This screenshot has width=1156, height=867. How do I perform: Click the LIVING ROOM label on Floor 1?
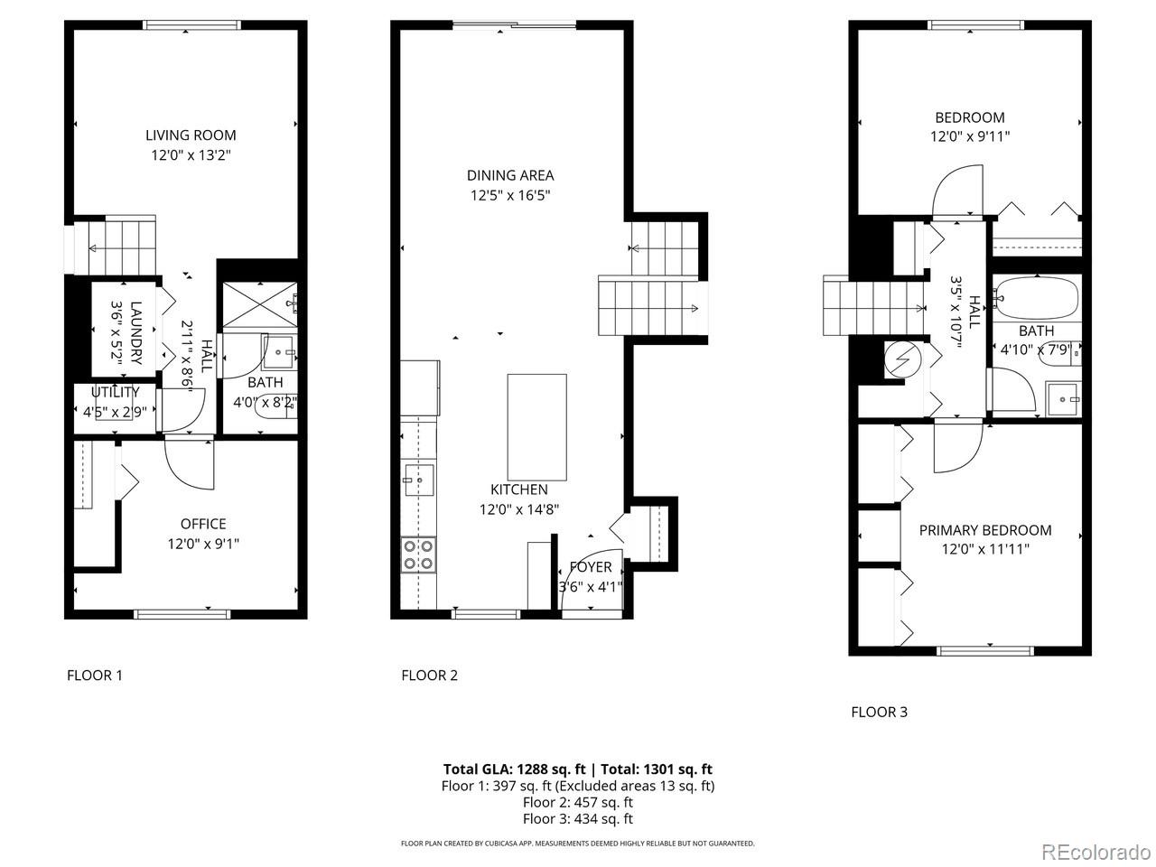(x=191, y=135)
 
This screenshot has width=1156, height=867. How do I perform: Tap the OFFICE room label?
(x=203, y=524)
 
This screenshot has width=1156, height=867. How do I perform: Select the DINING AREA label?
(x=510, y=175)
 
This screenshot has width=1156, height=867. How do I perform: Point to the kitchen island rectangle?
(x=537, y=427)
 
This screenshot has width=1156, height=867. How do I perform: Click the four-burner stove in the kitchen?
(x=418, y=554)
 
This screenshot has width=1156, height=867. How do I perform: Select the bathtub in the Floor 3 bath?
(x=1036, y=296)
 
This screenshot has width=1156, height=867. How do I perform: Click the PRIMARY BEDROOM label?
(x=985, y=530)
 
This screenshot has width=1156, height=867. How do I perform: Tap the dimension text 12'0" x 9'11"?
(x=970, y=136)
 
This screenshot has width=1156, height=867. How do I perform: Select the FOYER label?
(x=591, y=567)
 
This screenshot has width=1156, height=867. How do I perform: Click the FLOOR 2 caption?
(x=430, y=675)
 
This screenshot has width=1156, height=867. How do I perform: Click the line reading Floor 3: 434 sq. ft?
(x=577, y=818)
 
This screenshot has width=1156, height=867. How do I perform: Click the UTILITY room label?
(x=115, y=392)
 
